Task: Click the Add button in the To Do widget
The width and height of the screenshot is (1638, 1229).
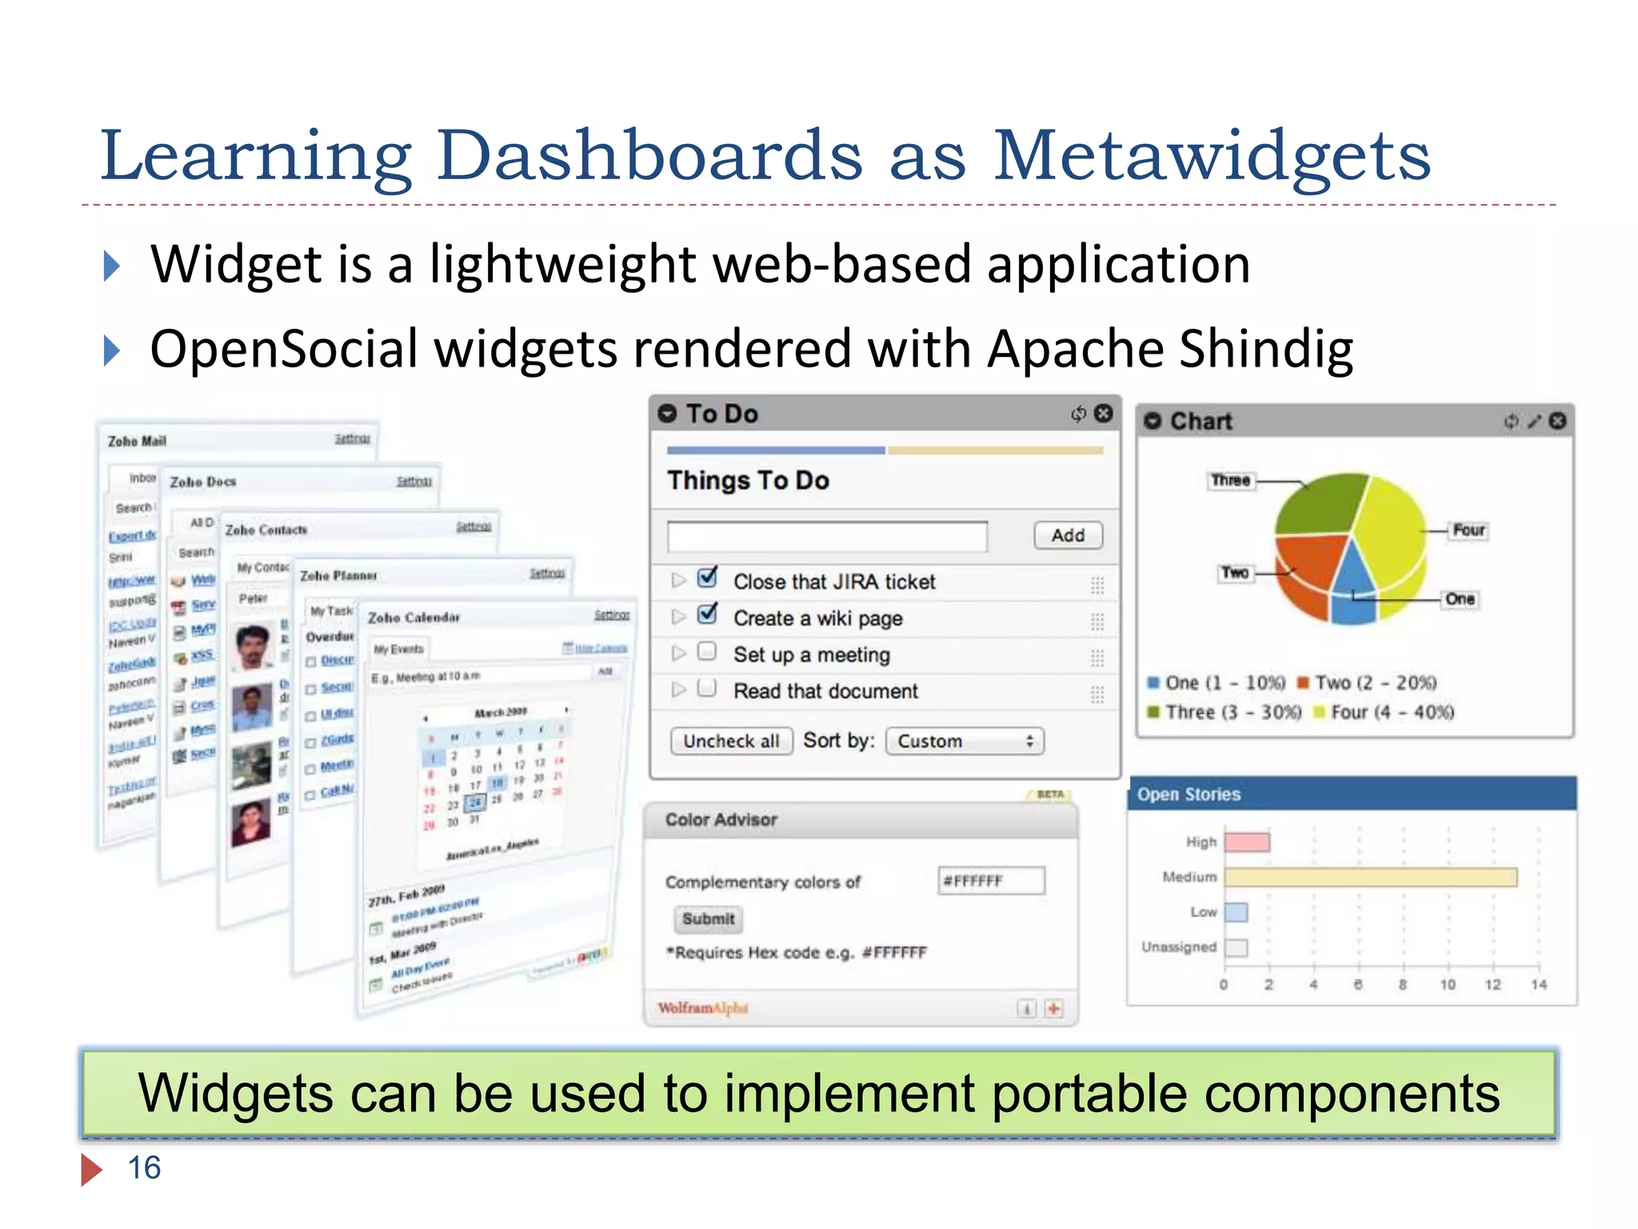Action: tap(1068, 534)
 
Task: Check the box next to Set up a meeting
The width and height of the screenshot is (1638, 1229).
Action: tap(706, 651)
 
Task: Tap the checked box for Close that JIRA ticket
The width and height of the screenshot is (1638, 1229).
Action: tap(707, 578)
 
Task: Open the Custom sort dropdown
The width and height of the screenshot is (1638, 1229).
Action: tap(965, 741)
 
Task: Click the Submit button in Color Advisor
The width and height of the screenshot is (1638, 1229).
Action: tap(708, 919)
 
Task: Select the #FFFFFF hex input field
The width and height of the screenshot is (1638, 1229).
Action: tap(991, 881)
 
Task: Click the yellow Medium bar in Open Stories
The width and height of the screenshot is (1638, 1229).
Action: tap(1370, 877)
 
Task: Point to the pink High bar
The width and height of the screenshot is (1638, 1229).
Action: tap(1247, 842)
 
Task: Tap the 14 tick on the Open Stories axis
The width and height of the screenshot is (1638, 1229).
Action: tap(1539, 984)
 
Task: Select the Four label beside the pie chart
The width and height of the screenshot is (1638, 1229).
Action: tap(1468, 530)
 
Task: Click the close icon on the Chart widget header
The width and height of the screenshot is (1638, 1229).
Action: tap(1557, 421)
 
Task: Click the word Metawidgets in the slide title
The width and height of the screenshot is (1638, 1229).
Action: tap(1211, 156)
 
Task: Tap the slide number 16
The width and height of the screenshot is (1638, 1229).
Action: tap(144, 1167)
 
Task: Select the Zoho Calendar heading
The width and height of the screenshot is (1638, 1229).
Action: tap(413, 617)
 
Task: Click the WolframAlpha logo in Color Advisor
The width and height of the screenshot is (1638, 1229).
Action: tap(702, 1008)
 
